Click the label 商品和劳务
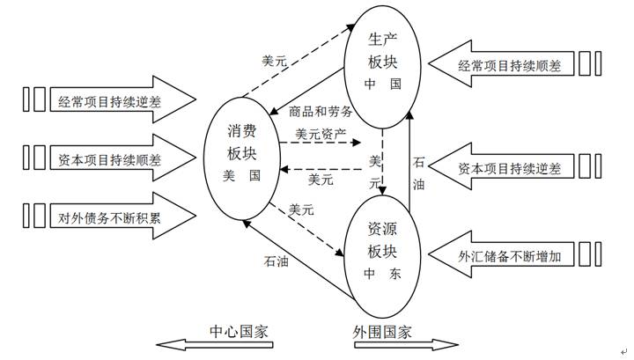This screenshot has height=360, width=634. pyautogui.click(x=321, y=112)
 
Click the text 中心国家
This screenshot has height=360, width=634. pyautogui.click(x=238, y=332)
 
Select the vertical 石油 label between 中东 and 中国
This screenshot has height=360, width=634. pyautogui.click(x=418, y=173)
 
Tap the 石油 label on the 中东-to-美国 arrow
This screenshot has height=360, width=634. pyautogui.click(x=275, y=261)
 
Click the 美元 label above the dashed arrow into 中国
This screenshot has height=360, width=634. pyautogui.click(x=275, y=61)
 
